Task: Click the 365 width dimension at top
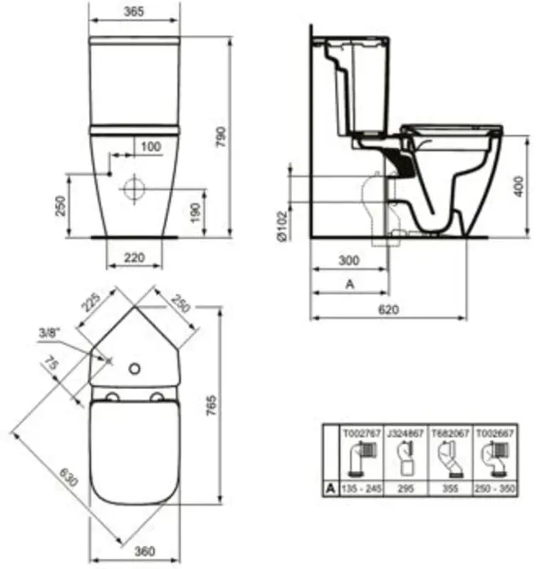tap(134, 11)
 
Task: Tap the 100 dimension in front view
tap(150, 146)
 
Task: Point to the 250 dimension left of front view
tap(61, 206)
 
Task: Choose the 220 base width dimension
tap(134, 258)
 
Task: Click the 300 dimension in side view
tap(349, 261)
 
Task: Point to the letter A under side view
tap(349, 283)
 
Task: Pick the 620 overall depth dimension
tap(388, 309)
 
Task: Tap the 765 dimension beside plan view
tap(212, 413)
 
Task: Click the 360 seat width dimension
tap(145, 551)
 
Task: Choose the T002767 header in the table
tap(361, 432)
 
